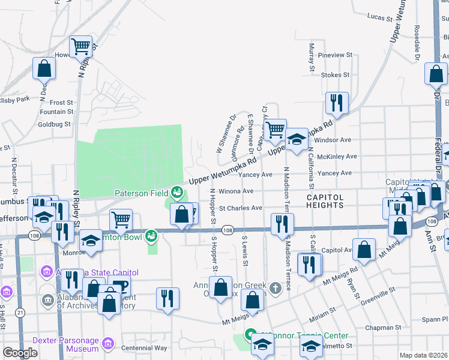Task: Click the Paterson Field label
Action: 142,193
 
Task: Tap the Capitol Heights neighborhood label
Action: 325,200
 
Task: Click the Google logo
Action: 20,353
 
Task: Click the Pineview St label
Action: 335,55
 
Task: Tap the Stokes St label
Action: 335,75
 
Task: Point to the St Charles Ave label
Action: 240,208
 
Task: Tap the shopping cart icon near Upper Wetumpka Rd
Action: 275,128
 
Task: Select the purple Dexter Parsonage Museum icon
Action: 107,344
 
